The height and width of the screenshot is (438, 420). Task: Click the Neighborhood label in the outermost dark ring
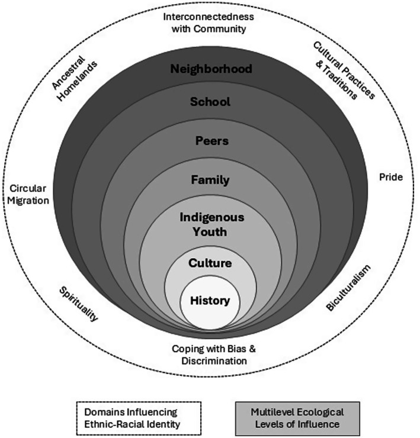pyautogui.click(x=211, y=69)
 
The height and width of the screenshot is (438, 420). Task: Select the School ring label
pyautogui.click(x=210, y=102)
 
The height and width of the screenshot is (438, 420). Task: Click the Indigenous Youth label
pyautogui.click(x=211, y=224)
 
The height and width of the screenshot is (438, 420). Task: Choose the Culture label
pyautogui.click(x=210, y=262)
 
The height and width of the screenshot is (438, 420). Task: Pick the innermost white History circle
pyautogui.click(x=210, y=301)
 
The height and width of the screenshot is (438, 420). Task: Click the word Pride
pyautogui.click(x=390, y=177)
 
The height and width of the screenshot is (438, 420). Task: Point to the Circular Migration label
pyautogui.click(x=28, y=195)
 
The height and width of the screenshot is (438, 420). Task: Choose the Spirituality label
pyautogui.click(x=78, y=304)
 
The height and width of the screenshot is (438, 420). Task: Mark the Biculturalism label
pyautogui.click(x=348, y=288)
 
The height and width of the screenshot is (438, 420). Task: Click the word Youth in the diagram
pyautogui.click(x=211, y=231)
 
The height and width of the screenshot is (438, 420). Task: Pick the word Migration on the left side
pyautogui.click(x=28, y=201)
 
